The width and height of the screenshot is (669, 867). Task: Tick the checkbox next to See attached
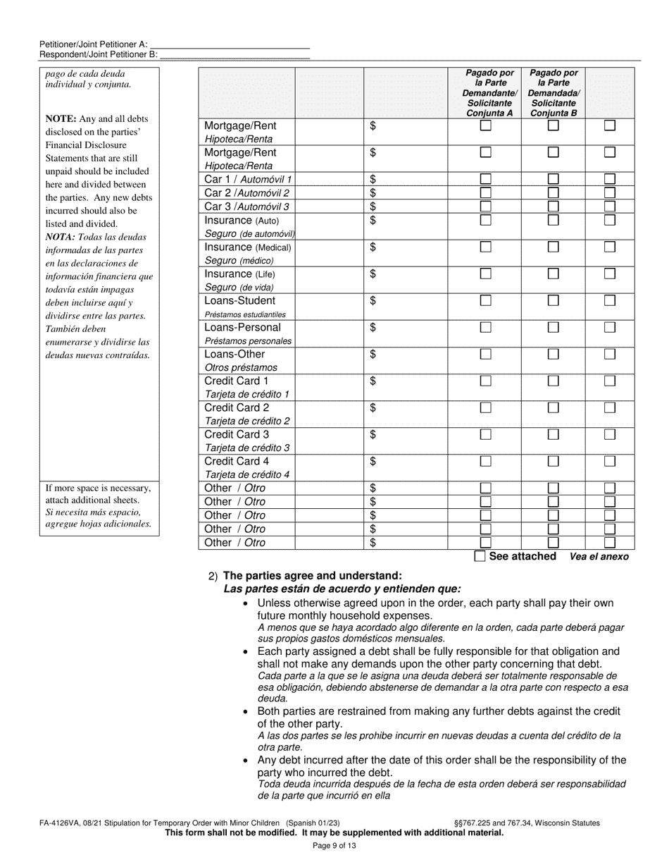pyautogui.click(x=480, y=556)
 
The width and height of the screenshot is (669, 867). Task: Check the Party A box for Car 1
pyautogui.click(x=485, y=179)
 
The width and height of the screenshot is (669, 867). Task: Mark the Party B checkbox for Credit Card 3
pyautogui.click(x=554, y=434)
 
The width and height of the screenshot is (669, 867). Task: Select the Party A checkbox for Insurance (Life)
pyautogui.click(x=485, y=273)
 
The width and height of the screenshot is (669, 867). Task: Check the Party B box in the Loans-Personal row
pyautogui.click(x=554, y=327)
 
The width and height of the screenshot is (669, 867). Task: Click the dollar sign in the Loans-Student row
pyautogui.click(x=373, y=301)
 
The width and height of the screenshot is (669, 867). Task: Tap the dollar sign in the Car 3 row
pyautogui.click(x=373, y=206)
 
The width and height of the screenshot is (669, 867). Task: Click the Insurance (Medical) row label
pyautogui.click(x=247, y=247)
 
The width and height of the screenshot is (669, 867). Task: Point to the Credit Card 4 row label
pyautogui.click(x=237, y=461)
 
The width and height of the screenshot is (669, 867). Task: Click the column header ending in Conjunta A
pyautogui.click(x=489, y=93)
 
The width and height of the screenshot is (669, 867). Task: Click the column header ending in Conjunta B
pyautogui.click(x=554, y=93)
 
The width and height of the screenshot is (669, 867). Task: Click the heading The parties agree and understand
pyautogui.click(x=313, y=575)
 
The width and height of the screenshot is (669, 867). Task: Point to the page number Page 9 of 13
pyautogui.click(x=334, y=846)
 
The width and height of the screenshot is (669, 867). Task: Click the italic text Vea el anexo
pyautogui.click(x=599, y=556)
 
